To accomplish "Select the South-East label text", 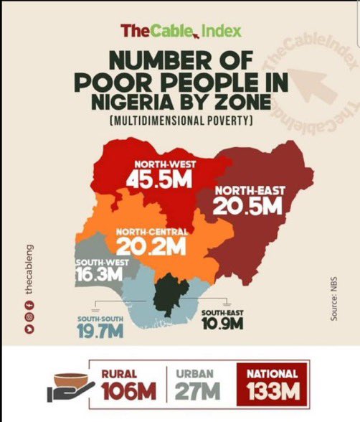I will click(x=222, y=314).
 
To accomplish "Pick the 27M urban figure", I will click(x=199, y=392).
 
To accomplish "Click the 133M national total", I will click(x=272, y=392).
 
